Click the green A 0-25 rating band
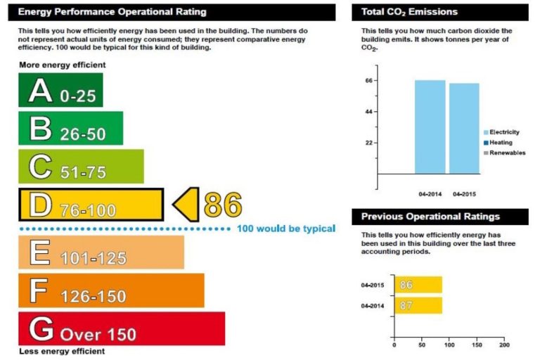[x=60, y=90]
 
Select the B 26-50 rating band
[x=70, y=128]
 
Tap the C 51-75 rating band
[x=81, y=166]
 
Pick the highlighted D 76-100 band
[x=91, y=205]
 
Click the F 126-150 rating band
[x=111, y=290]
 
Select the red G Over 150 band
[x=121, y=328]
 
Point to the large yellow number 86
[x=222, y=204]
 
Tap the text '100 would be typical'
[x=285, y=229]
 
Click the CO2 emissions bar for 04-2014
[x=430, y=127]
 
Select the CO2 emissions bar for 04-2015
[x=464, y=128]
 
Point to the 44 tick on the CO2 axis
[x=368, y=112]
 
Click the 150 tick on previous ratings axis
[x=477, y=345]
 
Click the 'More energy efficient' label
[x=62, y=65]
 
